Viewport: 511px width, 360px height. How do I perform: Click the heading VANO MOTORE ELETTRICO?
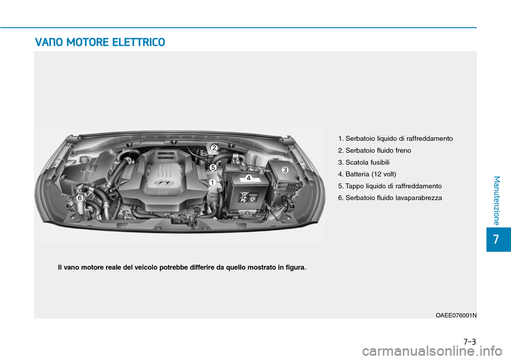[x=100, y=42]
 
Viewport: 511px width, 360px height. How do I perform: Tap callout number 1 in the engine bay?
[x=211, y=183]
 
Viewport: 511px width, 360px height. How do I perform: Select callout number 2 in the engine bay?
[x=213, y=147]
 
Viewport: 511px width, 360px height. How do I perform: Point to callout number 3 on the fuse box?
[x=285, y=169]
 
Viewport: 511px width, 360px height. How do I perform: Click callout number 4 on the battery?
[x=248, y=177]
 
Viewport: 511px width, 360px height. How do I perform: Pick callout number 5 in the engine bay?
[x=212, y=167]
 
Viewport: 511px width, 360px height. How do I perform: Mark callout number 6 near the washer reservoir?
[x=79, y=198]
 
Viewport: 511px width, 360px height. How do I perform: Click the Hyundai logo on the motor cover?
[x=160, y=183]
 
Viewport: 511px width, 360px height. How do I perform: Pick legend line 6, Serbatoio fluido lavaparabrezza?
[x=390, y=198]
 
